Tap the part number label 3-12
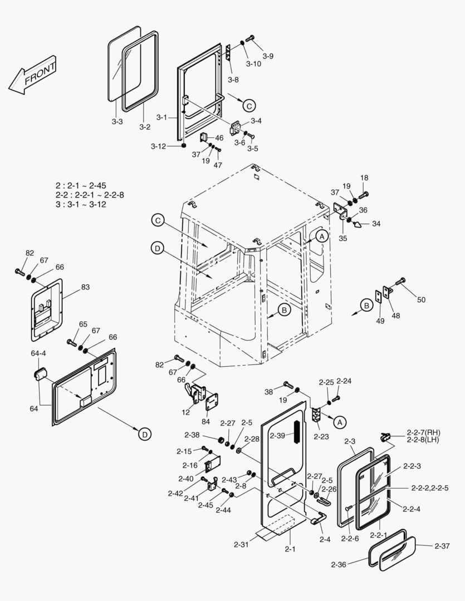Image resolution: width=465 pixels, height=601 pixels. [x=158, y=146]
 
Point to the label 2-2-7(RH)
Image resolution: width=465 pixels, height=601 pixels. [x=423, y=432]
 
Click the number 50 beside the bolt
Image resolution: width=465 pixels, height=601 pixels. [x=421, y=300]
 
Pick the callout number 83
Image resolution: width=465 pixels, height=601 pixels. [x=85, y=287]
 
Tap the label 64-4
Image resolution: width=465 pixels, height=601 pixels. [x=38, y=353]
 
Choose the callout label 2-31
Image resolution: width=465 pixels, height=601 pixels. [x=243, y=544]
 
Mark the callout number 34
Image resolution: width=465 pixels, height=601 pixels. [x=376, y=224]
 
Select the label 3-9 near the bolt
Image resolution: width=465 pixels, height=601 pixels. [x=268, y=56]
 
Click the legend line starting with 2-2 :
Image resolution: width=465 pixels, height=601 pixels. [x=90, y=195]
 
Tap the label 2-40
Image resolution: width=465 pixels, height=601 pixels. [x=186, y=479]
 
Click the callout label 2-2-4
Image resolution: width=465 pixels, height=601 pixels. [x=411, y=508]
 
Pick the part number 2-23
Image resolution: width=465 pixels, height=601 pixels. [x=321, y=437]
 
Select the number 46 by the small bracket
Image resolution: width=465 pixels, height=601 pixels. [x=219, y=137]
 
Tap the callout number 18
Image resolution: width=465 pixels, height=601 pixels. [x=364, y=178]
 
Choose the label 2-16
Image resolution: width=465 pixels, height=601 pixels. [x=190, y=465]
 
